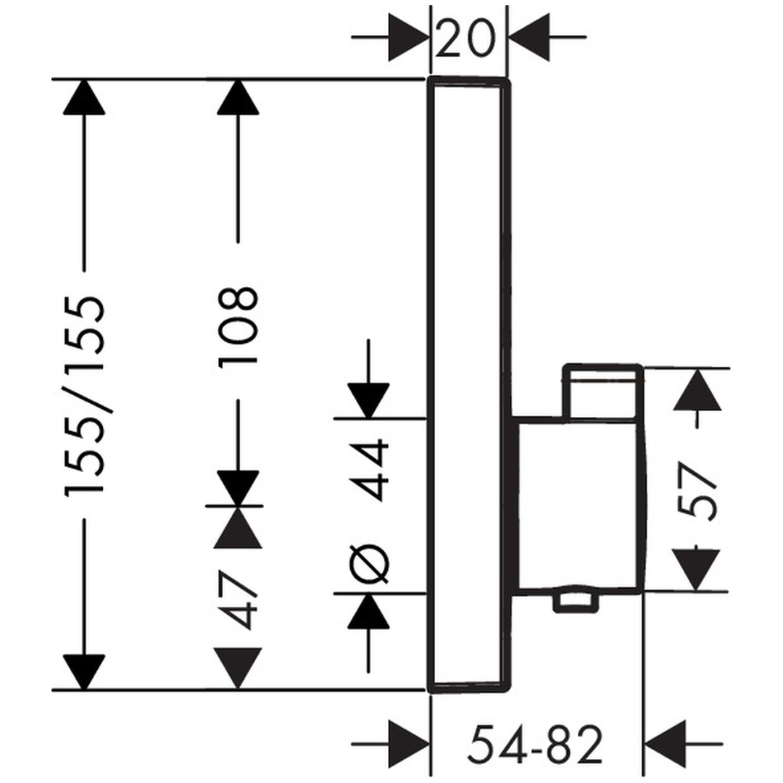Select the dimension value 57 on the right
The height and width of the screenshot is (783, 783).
pyautogui.click(x=700, y=492)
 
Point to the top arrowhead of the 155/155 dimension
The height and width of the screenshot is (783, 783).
pyautogui.click(x=85, y=97)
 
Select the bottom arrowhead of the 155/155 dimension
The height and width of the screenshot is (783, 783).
pyautogui.click(x=85, y=671)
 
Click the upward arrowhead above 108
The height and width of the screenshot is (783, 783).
pyautogui.click(x=238, y=97)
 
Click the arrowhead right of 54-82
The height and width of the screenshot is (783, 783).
pyautogui.click(x=666, y=744)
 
